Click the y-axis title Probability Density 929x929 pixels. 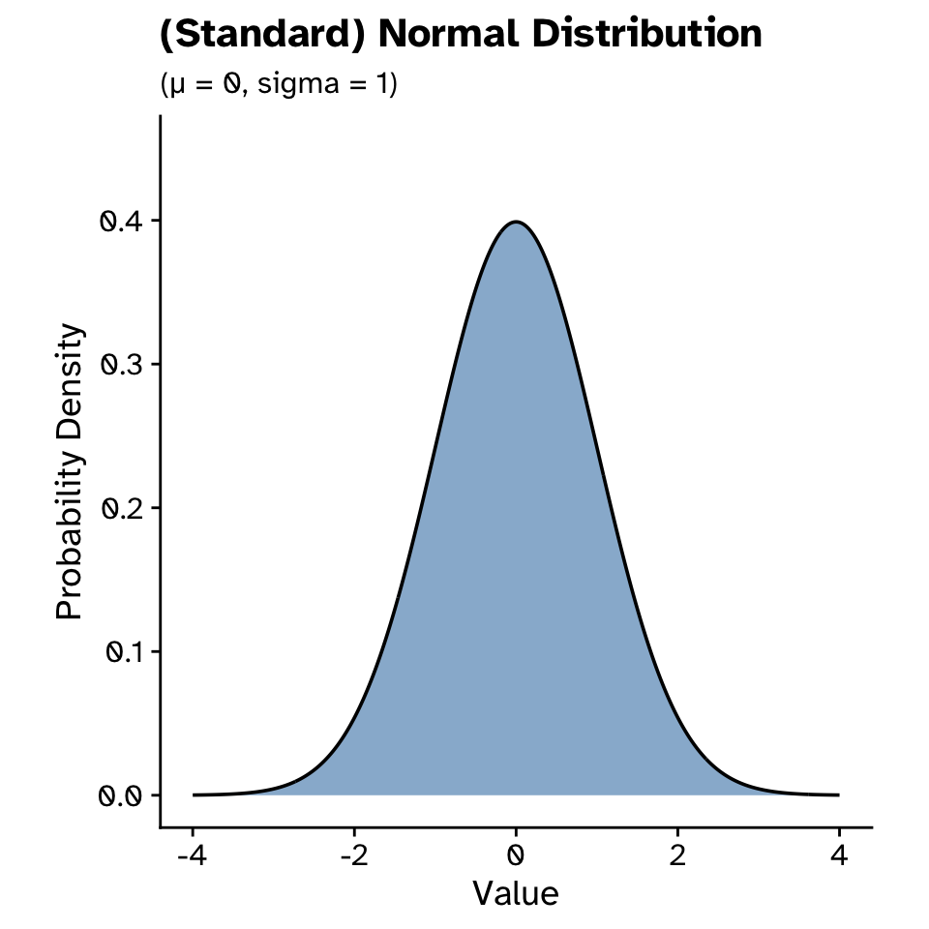coord(71,471)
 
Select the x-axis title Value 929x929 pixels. coord(516,892)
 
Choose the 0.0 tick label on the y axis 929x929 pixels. coord(121,795)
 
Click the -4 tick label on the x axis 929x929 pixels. coord(193,855)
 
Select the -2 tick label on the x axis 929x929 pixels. coord(354,855)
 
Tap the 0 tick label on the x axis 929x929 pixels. coord(516,855)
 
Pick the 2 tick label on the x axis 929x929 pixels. coord(677,855)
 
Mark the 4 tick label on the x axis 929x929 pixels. coord(839,855)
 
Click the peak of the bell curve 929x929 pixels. coord(516,222)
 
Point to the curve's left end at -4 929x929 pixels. coord(194,794)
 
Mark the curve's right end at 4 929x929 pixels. coord(838,794)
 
